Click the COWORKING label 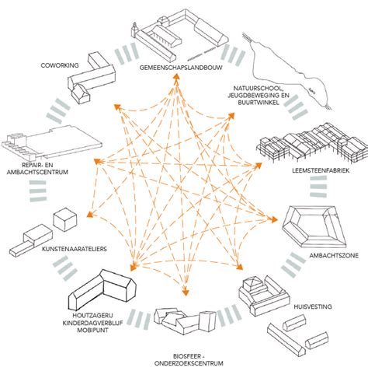[x=60, y=65]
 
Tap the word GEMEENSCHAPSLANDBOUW [x=181, y=68]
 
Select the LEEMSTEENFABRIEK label [x=321, y=170]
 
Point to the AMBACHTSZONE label [x=334, y=255]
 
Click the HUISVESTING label [x=313, y=306]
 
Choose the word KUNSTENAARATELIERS [x=75, y=249]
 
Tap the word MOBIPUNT [x=92, y=330]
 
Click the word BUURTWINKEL [x=259, y=103]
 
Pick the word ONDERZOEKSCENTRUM [x=189, y=363]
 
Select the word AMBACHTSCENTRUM [x=37, y=172]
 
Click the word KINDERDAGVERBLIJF [x=92, y=323]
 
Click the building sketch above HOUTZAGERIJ [x=102, y=289]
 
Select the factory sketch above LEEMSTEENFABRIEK [x=312, y=144]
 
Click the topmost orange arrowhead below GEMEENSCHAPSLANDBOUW [x=176, y=76]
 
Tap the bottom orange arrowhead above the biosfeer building [x=186, y=292]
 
